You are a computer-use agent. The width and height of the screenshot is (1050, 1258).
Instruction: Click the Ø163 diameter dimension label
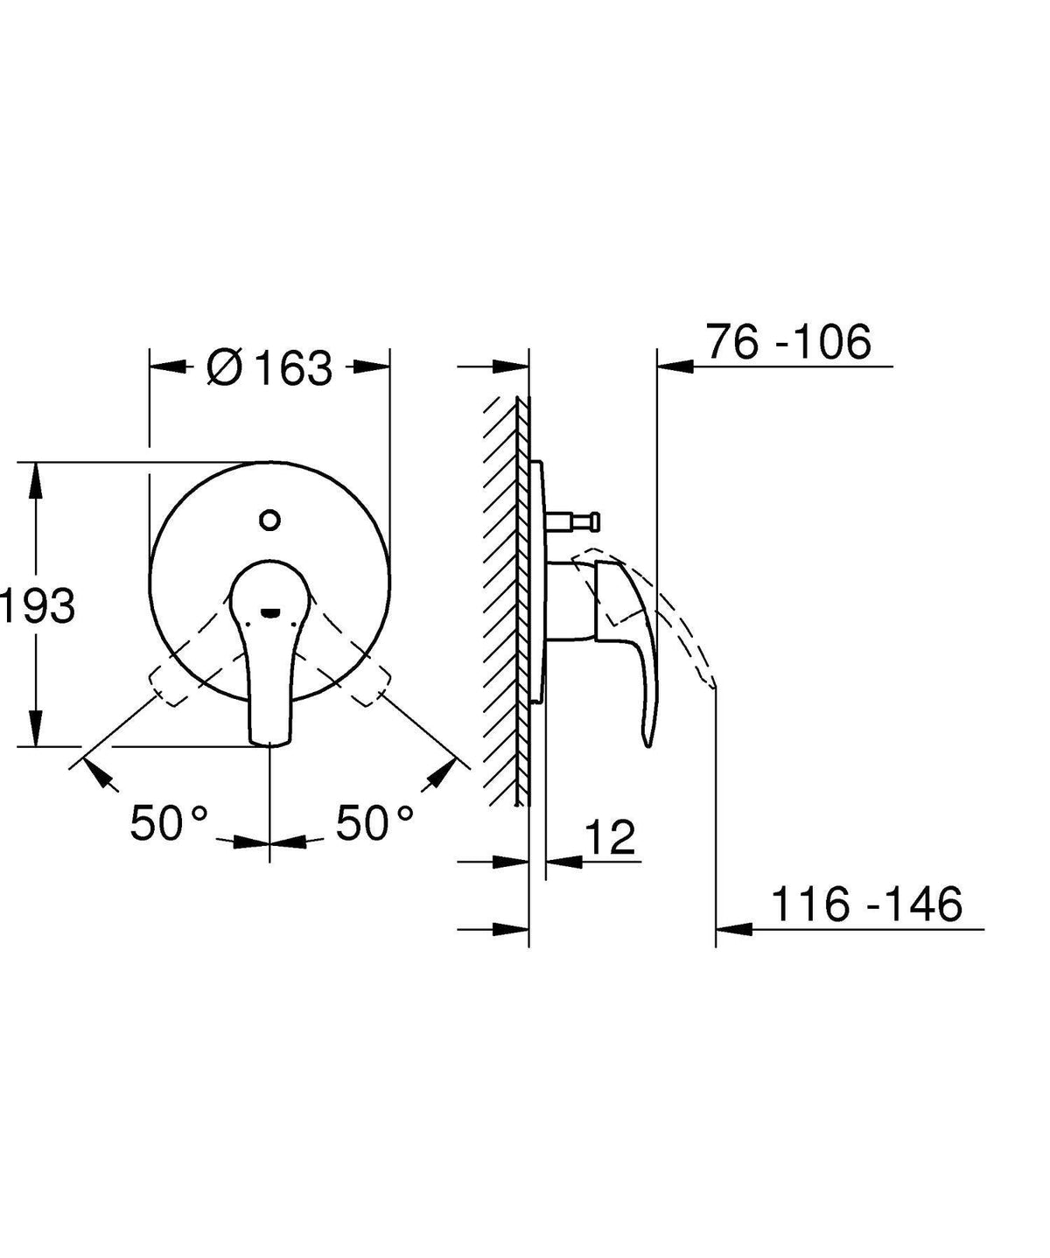(269, 368)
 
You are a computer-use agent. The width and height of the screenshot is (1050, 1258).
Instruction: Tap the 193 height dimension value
(38, 605)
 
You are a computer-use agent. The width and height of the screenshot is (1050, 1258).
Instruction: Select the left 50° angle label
(170, 822)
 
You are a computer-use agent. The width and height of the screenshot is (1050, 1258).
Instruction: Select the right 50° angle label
(374, 822)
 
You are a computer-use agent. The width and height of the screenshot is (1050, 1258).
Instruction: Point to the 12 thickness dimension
(610, 837)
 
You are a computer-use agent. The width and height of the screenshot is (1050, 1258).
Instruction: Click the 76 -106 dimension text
(789, 342)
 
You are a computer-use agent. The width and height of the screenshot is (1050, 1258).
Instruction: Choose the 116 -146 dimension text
(867, 1085)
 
